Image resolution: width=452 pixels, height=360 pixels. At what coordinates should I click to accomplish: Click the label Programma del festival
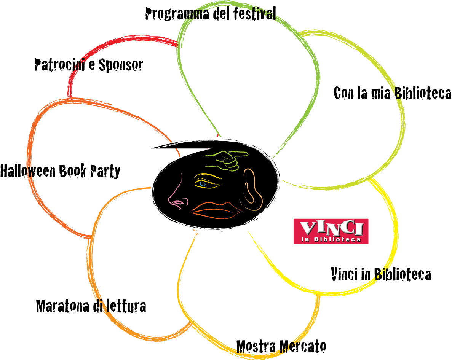click(x=211, y=14)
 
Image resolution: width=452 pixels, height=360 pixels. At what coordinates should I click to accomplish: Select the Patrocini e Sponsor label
click(x=89, y=65)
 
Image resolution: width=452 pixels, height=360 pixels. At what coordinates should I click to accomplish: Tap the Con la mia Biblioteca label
click(x=392, y=93)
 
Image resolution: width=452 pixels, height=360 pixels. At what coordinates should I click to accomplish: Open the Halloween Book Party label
click(x=60, y=171)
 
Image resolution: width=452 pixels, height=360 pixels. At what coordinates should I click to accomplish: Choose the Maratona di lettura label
click(x=91, y=306)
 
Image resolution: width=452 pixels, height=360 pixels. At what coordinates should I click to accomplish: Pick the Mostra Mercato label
click(x=281, y=346)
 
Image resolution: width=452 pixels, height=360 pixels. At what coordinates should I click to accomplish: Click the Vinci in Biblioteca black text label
click(x=381, y=274)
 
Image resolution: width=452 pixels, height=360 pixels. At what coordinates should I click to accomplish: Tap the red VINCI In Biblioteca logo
click(x=331, y=231)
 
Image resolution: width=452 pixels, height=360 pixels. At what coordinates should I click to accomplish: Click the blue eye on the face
click(x=203, y=183)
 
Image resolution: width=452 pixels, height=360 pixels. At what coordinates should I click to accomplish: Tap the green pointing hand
click(x=226, y=160)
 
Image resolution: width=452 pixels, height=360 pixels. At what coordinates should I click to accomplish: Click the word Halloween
click(x=28, y=171)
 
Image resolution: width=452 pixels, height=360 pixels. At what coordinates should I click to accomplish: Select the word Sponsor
click(x=121, y=65)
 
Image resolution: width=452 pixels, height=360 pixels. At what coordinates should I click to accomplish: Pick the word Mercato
click(x=303, y=346)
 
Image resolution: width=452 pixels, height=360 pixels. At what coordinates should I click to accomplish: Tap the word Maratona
click(x=63, y=306)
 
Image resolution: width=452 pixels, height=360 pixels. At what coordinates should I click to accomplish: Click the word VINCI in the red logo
click(x=331, y=228)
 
